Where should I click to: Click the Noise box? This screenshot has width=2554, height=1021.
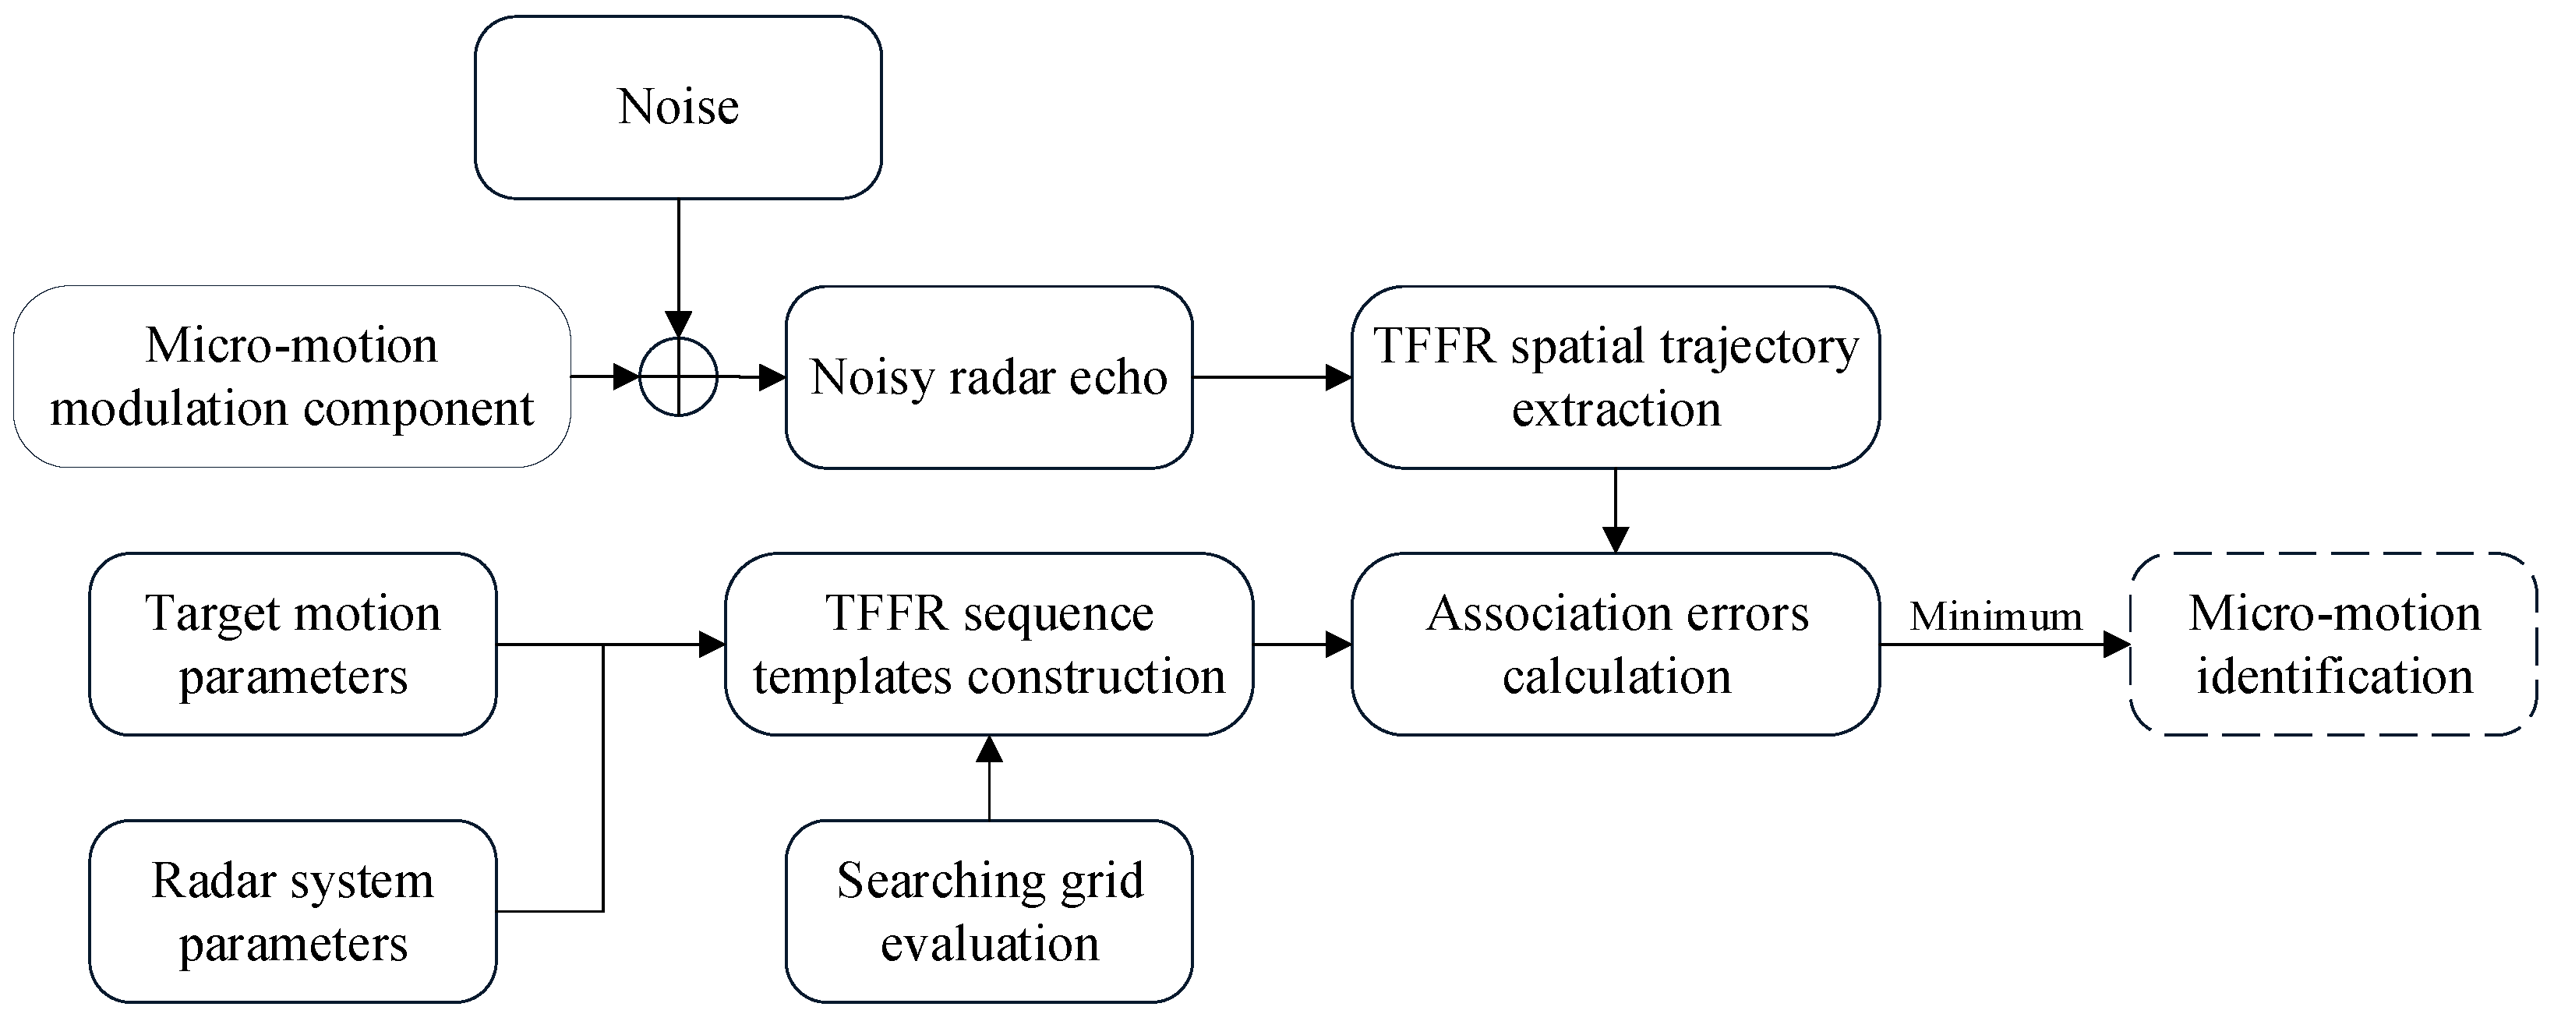point(678,107)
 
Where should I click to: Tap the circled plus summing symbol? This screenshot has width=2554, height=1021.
point(678,376)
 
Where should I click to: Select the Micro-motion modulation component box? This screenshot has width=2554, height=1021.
point(291,376)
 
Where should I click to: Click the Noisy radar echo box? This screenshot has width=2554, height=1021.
point(988,376)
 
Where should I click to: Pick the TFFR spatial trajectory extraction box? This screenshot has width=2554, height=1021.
point(1615,376)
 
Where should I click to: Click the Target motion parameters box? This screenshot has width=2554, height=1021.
point(292,645)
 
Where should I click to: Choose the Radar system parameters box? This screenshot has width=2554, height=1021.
point(292,911)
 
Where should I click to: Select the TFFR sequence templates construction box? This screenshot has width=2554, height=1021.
point(988,645)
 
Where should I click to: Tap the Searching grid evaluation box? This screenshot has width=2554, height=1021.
point(988,911)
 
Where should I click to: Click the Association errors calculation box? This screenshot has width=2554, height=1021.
point(1615,645)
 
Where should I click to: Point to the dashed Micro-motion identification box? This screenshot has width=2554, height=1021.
point(2333,645)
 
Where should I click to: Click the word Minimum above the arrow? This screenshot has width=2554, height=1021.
point(1995,616)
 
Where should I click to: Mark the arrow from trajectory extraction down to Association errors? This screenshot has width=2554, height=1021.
point(1615,510)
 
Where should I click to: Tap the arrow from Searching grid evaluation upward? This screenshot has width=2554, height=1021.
point(988,778)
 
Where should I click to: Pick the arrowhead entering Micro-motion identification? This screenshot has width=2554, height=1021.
point(2118,645)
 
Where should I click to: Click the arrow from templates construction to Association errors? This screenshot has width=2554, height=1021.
point(1302,645)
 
